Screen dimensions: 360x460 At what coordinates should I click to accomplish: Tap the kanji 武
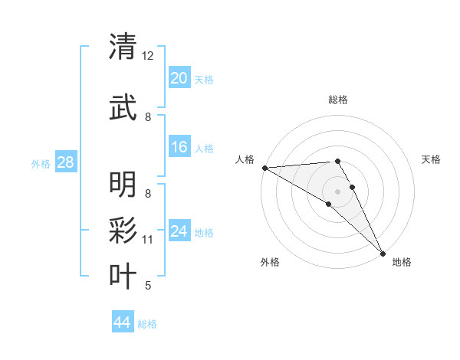tap(123, 107)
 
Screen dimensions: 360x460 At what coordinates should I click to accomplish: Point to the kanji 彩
tap(123, 230)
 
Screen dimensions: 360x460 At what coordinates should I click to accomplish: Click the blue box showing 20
tap(179, 78)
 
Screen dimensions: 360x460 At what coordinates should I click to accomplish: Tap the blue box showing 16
tap(179, 147)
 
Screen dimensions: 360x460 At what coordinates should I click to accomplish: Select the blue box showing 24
tap(179, 231)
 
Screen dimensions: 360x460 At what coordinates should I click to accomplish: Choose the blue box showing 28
tap(65, 162)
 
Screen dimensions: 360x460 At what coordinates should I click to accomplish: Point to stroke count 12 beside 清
tap(148, 56)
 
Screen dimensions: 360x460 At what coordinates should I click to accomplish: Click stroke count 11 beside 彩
tap(148, 240)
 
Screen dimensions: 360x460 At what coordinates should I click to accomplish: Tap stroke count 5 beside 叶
tap(148, 286)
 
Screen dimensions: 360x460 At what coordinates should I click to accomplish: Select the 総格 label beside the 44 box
tap(147, 324)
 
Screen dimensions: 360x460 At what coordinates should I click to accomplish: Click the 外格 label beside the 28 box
tap(41, 163)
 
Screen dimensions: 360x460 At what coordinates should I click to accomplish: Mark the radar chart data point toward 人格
tap(264, 168)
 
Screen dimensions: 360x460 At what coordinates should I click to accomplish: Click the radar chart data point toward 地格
tap(383, 252)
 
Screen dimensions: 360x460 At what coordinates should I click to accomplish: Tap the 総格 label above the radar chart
tap(338, 100)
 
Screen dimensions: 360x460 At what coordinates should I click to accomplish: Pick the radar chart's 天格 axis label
tap(432, 159)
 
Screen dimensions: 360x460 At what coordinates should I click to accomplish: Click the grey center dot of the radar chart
tap(338, 191)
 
